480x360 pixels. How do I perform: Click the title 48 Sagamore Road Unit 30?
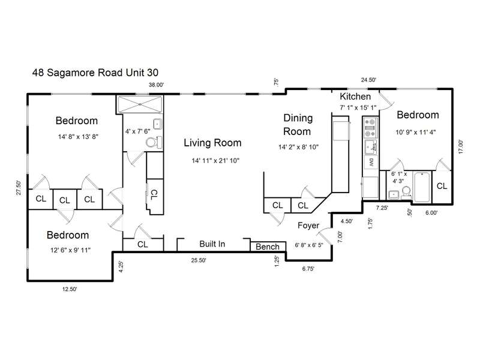coord(95,73)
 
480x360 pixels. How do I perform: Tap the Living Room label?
coord(212,143)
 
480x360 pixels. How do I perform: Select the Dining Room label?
coord(298,125)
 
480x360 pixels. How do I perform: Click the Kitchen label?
coord(355,97)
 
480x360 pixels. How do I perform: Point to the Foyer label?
coord(308,226)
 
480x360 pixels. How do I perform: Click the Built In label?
coord(212,244)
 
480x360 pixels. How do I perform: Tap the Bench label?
coord(268,247)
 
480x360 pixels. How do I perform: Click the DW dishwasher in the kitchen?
coord(371,163)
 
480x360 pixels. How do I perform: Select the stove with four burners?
coord(370,128)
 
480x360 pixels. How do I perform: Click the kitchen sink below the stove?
coord(371,147)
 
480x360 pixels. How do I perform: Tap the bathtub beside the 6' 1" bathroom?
coord(422,187)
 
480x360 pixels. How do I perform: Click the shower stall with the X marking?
coord(140,104)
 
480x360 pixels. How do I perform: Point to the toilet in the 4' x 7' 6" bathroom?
coord(154,142)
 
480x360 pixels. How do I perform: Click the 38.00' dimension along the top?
coord(156,85)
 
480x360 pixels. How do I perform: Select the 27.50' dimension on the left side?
coord(19,188)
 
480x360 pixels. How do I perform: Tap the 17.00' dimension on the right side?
coord(461,146)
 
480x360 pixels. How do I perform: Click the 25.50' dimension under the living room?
coord(199,260)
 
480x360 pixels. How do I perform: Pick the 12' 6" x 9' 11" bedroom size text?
coord(70,250)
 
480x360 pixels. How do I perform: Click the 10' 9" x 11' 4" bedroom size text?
coord(415,132)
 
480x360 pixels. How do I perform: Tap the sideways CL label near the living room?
coord(154,194)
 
